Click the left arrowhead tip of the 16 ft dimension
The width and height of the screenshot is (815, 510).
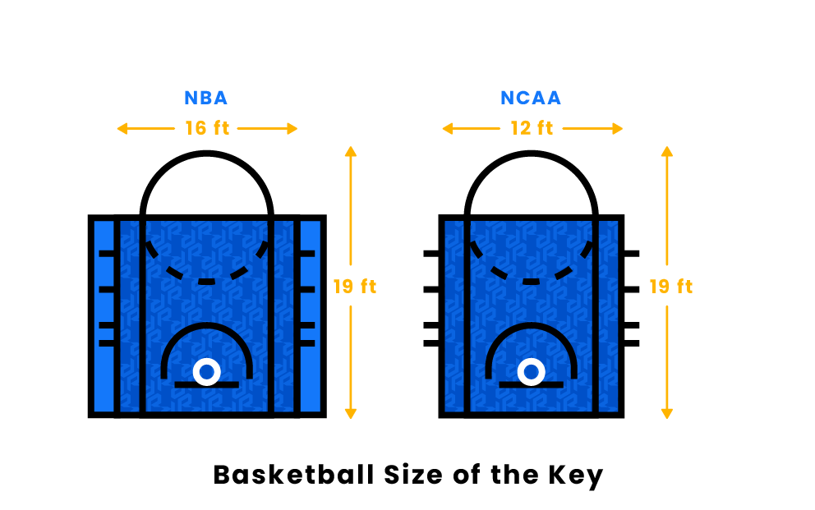click(x=117, y=128)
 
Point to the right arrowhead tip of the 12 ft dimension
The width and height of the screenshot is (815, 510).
click(x=623, y=128)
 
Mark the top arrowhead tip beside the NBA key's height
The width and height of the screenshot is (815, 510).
click(x=351, y=146)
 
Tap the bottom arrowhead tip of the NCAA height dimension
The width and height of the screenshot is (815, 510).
click(x=667, y=419)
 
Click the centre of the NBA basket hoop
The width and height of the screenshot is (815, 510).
click(x=207, y=372)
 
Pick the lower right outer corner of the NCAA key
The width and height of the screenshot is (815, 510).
click(x=624, y=417)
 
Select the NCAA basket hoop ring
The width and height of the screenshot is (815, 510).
click(x=532, y=372)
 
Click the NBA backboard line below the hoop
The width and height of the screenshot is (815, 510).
click(x=207, y=385)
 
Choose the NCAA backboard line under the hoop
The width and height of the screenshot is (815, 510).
click(x=532, y=385)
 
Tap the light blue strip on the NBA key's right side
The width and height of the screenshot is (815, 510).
click(x=311, y=317)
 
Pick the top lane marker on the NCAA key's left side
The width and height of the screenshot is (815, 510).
click(x=431, y=254)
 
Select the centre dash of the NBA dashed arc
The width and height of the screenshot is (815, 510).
click(x=207, y=282)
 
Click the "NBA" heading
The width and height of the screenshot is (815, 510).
click(x=206, y=98)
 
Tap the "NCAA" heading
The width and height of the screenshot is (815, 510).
click(x=531, y=98)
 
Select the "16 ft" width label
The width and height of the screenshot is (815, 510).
click(x=207, y=128)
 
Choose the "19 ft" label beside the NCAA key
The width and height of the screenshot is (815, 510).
click(x=671, y=286)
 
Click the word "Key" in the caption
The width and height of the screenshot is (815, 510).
click(x=575, y=476)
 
